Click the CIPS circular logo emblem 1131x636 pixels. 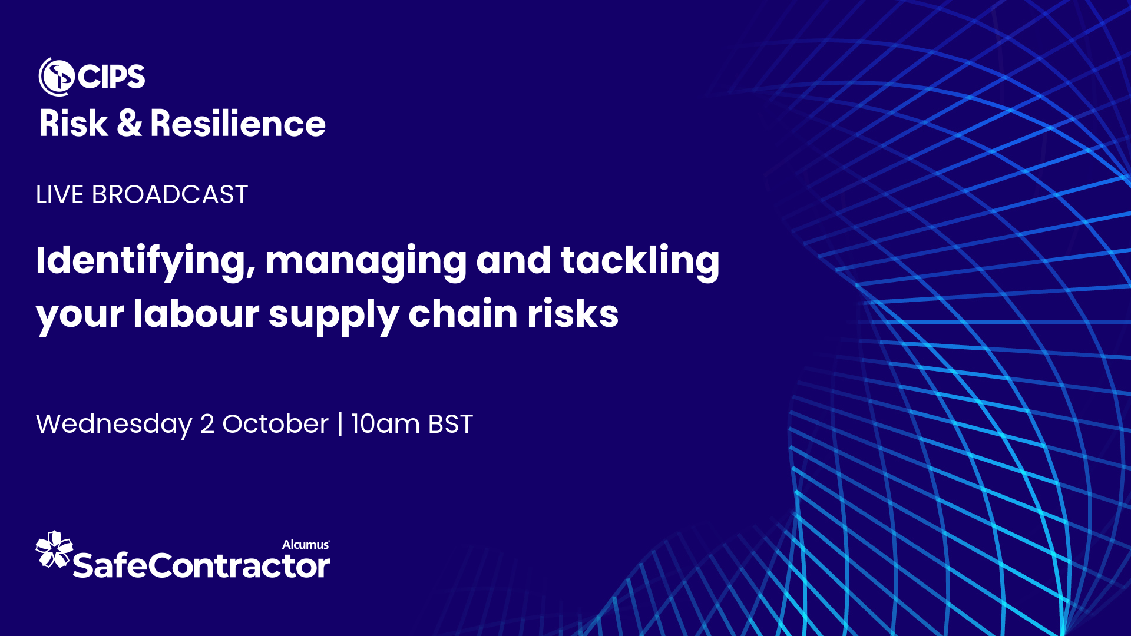point(57,77)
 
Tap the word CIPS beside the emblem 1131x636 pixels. point(111,77)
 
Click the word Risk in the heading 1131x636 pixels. point(74,124)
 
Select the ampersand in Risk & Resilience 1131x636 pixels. point(129,124)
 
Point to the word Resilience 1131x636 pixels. point(237,124)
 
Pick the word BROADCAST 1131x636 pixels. point(170,195)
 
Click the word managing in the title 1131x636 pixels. point(365,261)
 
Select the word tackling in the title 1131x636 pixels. point(640,261)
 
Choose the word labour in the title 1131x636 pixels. point(196,314)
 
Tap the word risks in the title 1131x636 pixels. point(573,314)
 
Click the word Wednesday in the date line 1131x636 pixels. point(114,424)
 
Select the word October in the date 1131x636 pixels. point(275,424)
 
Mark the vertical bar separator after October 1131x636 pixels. point(340,424)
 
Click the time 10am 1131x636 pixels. point(385,424)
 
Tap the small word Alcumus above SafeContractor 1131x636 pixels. point(305,545)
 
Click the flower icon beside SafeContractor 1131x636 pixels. point(54,550)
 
